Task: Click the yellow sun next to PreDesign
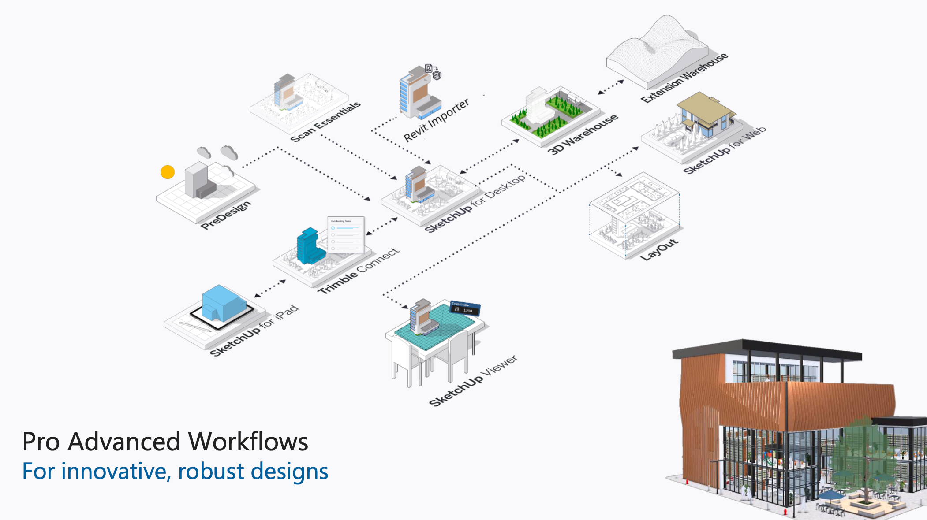click(x=168, y=172)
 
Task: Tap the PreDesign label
click(x=226, y=215)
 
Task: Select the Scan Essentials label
click(x=325, y=122)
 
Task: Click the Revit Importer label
click(x=436, y=120)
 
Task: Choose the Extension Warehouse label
click(x=684, y=78)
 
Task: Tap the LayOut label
click(x=659, y=250)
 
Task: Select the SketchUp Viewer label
click(x=473, y=381)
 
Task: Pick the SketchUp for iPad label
click(x=254, y=331)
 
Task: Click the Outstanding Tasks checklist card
click(x=346, y=234)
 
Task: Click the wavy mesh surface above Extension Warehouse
click(x=657, y=48)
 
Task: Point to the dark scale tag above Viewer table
click(x=465, y=308)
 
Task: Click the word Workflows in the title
click(x=248, y=442)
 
